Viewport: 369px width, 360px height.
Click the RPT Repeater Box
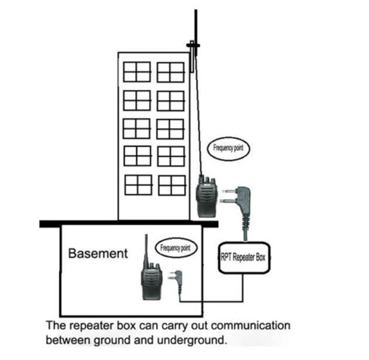coord(244,257)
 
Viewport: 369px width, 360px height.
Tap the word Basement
coord(98,253)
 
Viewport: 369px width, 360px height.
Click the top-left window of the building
coord(137,72)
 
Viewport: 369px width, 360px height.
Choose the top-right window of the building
coord(171,72)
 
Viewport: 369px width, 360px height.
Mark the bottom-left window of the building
coord(138,185)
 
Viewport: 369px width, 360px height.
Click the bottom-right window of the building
coord(172,185)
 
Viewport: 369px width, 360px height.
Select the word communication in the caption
coord(250,326)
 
